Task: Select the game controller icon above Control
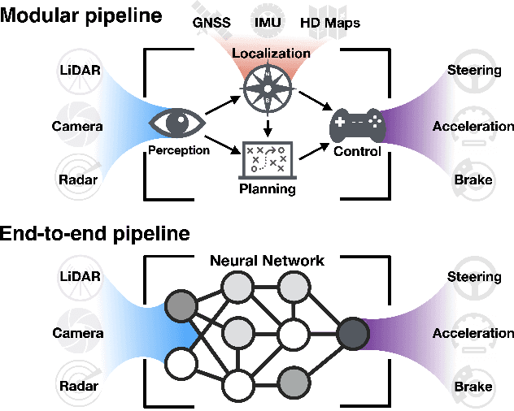tap(356, 126)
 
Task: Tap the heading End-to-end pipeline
tap(95, 234)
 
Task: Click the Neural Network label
tap(268, 261)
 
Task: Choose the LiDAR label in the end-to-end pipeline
tap(81, 277)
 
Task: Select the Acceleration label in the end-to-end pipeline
tap(473, 333)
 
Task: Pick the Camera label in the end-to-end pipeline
tap(78, 333)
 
